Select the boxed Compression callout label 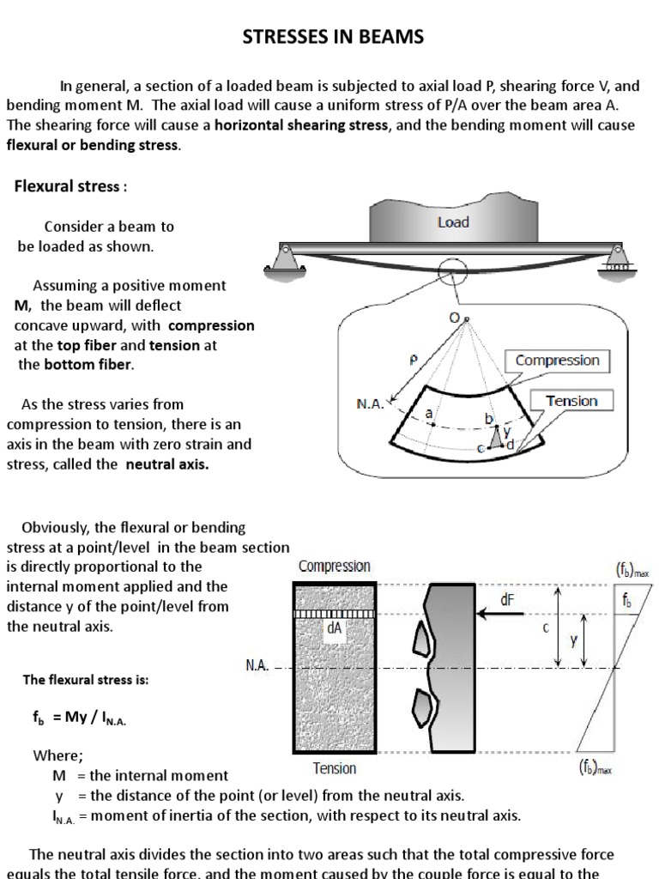[557, 361]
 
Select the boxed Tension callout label [571, 401]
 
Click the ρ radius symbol [414, 361]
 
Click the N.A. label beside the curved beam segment [371, 401]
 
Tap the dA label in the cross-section [334, 627]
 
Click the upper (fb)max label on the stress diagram [632, 568]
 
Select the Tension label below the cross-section [334, 768]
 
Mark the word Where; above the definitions [57, 756]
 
